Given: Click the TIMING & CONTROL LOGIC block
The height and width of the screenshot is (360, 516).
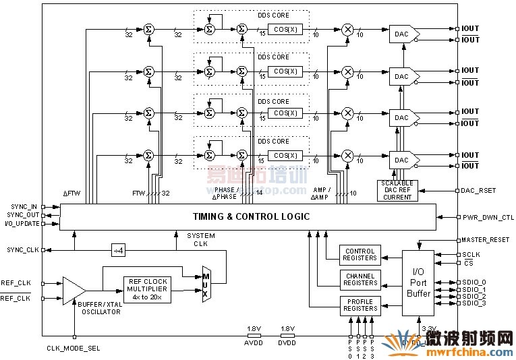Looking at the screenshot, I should pos(251,216).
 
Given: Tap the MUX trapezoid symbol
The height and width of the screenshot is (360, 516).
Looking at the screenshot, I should pos(206,283).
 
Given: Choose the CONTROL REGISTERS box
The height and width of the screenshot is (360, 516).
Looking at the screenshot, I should pos(360,255).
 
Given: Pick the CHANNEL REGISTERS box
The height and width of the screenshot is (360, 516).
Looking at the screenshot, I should pos(360,280).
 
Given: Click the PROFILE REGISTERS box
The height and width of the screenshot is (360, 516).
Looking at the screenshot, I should pos(360,305).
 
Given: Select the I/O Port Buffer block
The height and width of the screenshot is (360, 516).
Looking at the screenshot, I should pos(419,283).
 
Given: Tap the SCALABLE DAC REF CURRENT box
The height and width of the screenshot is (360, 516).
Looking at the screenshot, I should pos(397,190).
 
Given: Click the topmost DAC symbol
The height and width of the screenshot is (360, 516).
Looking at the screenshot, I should pos(403,34).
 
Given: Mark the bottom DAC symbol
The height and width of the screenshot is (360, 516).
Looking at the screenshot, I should pos(403,160).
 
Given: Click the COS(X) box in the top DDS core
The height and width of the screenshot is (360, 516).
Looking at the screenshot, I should pos(285,30).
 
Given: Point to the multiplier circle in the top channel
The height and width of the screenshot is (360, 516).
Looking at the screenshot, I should pos(348,30).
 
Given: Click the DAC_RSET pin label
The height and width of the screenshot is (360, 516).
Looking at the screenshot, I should pos(478,191).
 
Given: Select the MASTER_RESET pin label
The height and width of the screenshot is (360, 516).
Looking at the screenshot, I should pos(486,240).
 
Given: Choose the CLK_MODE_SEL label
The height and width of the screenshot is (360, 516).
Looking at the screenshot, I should pos(74,348).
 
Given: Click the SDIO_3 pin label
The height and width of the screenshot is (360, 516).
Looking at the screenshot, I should pos(474,303).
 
